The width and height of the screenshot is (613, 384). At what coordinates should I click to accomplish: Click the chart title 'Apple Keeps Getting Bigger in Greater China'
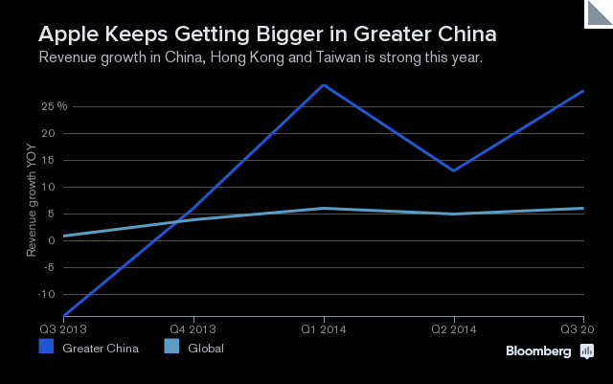pos(266,35)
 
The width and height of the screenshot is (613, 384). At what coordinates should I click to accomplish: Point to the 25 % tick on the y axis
pos(54,106)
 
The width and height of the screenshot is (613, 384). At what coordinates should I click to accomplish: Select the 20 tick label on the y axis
pos(46,133)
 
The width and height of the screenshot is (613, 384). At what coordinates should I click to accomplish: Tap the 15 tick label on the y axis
pos(46,160)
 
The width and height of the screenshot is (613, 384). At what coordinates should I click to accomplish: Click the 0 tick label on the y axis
pos(48,240)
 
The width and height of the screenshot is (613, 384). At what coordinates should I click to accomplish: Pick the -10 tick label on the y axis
pos(44,294)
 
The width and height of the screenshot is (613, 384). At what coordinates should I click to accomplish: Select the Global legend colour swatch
pos(173,348)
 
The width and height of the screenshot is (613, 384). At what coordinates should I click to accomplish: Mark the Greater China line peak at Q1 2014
pos(324,85)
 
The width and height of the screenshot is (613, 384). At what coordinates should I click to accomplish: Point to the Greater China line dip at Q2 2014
pos(453,170)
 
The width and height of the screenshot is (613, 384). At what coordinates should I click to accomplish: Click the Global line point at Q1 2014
pos(324,208)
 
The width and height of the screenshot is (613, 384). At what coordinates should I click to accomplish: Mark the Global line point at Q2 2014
pos(453,214)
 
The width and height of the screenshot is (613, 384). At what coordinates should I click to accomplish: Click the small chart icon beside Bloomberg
pos(587,351)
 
